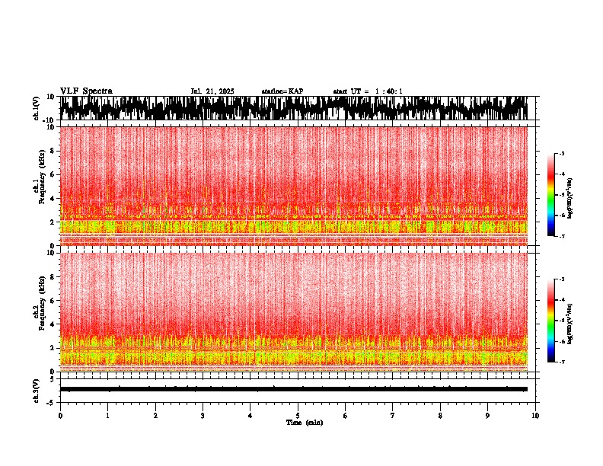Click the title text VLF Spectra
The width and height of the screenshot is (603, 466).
86,91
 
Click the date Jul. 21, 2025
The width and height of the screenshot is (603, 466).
212,91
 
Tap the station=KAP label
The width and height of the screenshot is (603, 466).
282,91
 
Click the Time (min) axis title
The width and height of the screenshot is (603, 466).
304,422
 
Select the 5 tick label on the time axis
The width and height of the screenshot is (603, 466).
298,416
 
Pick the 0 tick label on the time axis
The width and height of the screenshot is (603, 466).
60,416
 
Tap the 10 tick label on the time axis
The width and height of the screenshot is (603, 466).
535,416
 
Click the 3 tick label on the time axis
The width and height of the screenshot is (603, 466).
203,416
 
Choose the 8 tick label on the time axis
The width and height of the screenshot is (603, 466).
440,416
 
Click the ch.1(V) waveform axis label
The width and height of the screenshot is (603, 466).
37,108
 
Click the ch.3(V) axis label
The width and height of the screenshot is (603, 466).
37,389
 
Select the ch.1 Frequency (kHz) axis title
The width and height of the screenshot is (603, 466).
38,186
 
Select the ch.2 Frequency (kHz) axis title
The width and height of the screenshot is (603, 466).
38,311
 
